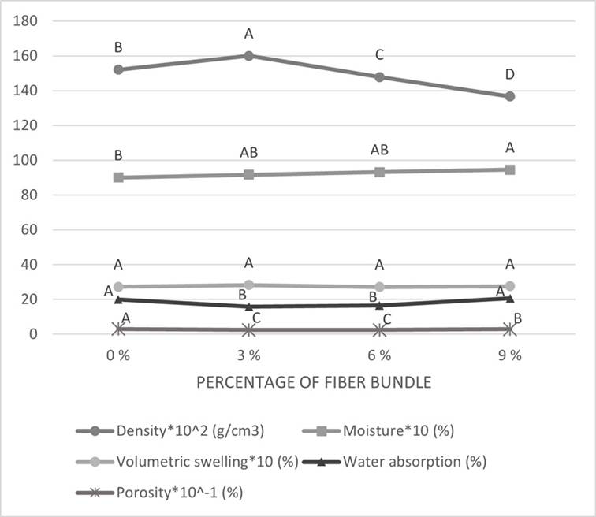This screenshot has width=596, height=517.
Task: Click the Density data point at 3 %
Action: [x=248, y=55]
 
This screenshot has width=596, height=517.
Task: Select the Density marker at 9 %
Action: [x=510, y=96]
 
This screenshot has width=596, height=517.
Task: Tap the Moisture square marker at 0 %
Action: [x=118, y=177]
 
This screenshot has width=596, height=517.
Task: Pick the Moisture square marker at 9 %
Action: [x=510, y=169]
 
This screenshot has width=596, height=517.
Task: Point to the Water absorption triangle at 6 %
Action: [x=379, y=305]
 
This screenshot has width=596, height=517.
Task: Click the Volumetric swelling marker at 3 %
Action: [x=248, y=285]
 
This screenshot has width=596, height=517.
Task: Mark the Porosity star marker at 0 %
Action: [x=118, y=329]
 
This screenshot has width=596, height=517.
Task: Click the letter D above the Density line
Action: [x=510, y=74]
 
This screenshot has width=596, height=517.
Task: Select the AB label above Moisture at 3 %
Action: [x=248, y=152]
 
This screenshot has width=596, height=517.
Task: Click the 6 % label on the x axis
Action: [x=379, y=355]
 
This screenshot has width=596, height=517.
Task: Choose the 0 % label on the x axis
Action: [x=118, y=355]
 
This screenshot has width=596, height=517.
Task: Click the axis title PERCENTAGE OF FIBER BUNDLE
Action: [x=313, y=384]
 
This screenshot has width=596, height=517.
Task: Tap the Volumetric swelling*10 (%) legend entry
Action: [x=207, y=462]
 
